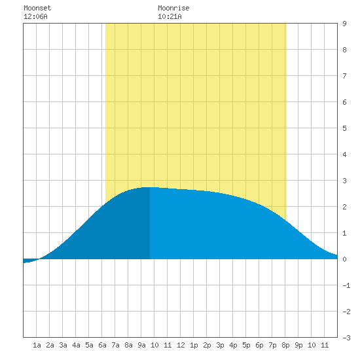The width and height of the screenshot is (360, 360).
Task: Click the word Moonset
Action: point(37,8)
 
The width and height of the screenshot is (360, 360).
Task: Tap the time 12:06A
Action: point(35,16)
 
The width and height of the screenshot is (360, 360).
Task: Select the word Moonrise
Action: point(173,8)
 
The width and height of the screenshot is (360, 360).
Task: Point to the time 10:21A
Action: point(170,16)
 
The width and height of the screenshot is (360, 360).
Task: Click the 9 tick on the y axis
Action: point(344,24)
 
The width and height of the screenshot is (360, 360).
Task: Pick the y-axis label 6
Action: point(344,102)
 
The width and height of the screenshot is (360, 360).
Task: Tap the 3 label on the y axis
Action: point(344,181)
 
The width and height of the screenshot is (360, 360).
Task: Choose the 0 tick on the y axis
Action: point(344,259)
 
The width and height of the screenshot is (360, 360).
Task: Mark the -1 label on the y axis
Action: point(346,285)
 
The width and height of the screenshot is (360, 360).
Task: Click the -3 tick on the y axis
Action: point(346,338)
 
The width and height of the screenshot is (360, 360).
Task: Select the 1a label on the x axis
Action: point(37,345)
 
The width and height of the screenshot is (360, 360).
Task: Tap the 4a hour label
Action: point(76,345)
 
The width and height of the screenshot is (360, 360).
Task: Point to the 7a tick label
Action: point(115,345)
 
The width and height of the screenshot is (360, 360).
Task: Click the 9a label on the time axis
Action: point(141,345)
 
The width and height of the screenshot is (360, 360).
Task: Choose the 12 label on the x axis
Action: point(181,345)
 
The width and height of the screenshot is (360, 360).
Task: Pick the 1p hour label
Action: point(194,345)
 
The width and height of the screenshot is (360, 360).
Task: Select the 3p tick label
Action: point(220,345)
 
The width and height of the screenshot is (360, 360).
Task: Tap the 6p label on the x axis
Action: point(259,345)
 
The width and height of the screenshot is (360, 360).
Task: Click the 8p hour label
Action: point(285,345)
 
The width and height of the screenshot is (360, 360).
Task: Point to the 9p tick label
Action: point(298,345)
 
